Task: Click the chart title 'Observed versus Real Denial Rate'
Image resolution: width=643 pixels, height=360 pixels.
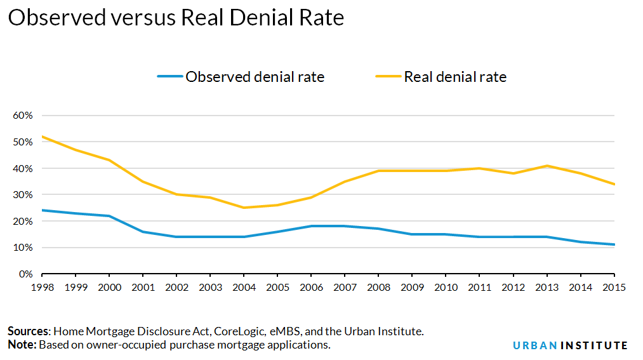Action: pos(176,18)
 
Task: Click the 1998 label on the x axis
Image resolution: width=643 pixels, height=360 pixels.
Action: pos(42,287)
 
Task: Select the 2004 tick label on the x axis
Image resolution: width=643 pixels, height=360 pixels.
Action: pos(244,287)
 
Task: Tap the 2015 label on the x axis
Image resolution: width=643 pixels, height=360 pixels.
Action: pos(614,287)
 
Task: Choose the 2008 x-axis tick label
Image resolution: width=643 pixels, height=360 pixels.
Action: pos(378,287)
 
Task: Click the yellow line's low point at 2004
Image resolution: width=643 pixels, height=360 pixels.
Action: pos(244,208)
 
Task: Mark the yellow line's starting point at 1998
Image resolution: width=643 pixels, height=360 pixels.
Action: pos(43,137)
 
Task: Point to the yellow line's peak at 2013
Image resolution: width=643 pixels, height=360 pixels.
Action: pos(547,166)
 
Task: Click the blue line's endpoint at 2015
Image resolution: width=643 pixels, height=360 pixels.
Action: pos(614,244)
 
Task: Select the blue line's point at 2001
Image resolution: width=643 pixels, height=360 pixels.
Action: pos(143,232)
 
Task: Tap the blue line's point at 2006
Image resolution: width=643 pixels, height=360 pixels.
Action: pos(311,226)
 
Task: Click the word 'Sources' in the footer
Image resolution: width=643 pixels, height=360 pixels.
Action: pos(28,331)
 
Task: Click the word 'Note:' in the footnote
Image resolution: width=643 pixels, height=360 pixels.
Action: pos(22,345)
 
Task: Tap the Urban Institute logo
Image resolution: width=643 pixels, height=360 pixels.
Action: pos(570,345)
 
